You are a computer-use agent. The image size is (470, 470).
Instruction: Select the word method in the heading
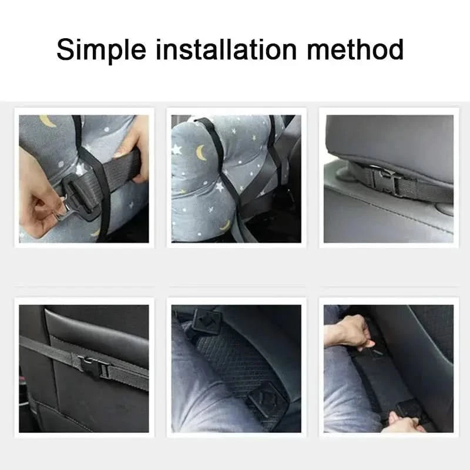coord(355,49)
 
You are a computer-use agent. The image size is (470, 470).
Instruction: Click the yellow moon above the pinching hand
coord(48,120)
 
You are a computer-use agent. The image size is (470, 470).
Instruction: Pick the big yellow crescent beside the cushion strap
coord(201,152)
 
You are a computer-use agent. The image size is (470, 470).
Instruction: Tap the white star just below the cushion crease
coord(219,186)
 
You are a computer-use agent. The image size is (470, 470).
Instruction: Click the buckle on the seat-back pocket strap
coord(95,367)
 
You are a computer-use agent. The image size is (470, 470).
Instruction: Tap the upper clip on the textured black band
coord(207,322)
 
